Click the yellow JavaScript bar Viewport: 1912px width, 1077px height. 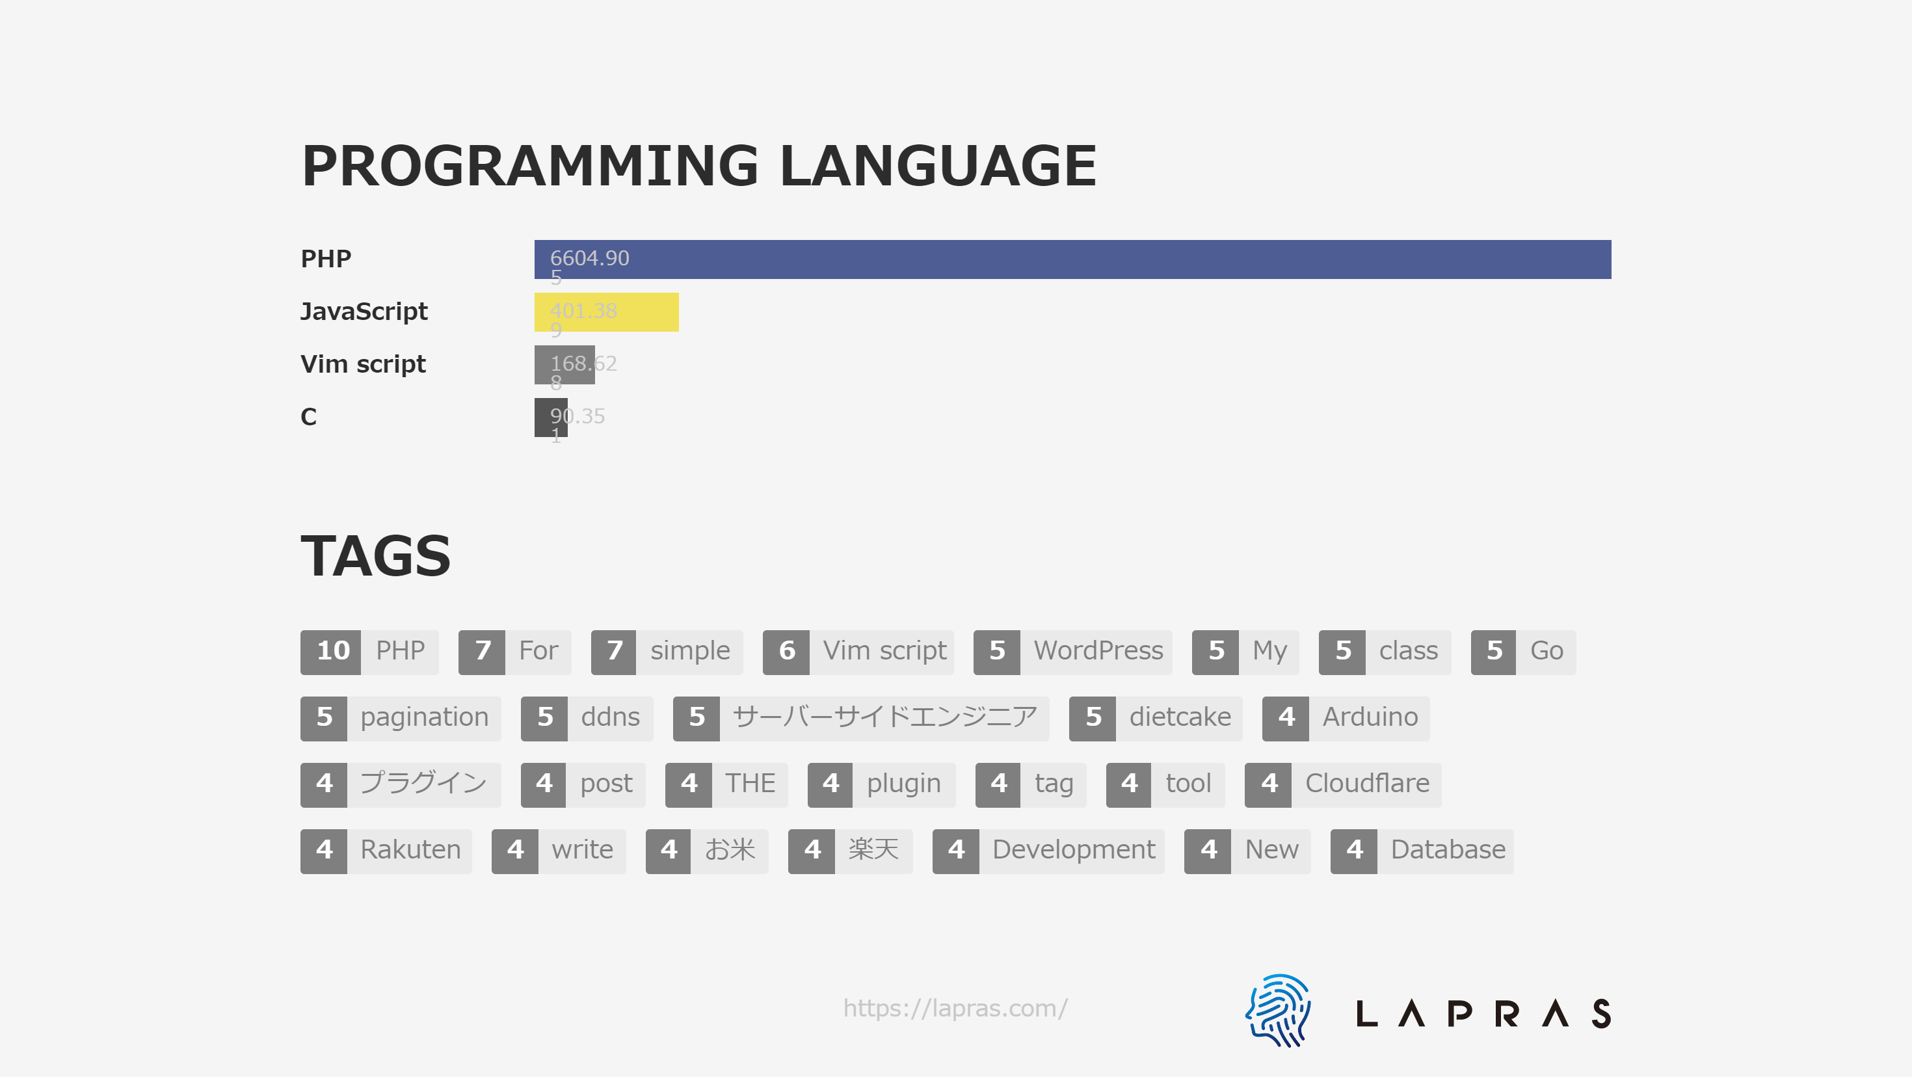(x=606, y=312)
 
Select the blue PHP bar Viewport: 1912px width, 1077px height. (x=1072, y=259)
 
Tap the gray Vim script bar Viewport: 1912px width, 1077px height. (x=564, y=364)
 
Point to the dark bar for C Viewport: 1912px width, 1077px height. (x=551, y=417)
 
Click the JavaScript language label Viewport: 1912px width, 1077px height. (x=364, y=312)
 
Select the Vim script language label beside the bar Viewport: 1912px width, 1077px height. (x=363, y=364)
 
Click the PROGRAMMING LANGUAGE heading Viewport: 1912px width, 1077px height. (x=698, y=166)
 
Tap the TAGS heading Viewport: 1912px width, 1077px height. (x=376, y=556)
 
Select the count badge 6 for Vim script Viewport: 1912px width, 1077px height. (x=786, y=652)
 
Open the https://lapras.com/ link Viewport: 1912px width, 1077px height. (x=955, y=1009)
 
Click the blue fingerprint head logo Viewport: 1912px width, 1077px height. (x=1278, y=1010)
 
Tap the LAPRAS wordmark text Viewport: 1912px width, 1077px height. (x=1483, y=1013)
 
